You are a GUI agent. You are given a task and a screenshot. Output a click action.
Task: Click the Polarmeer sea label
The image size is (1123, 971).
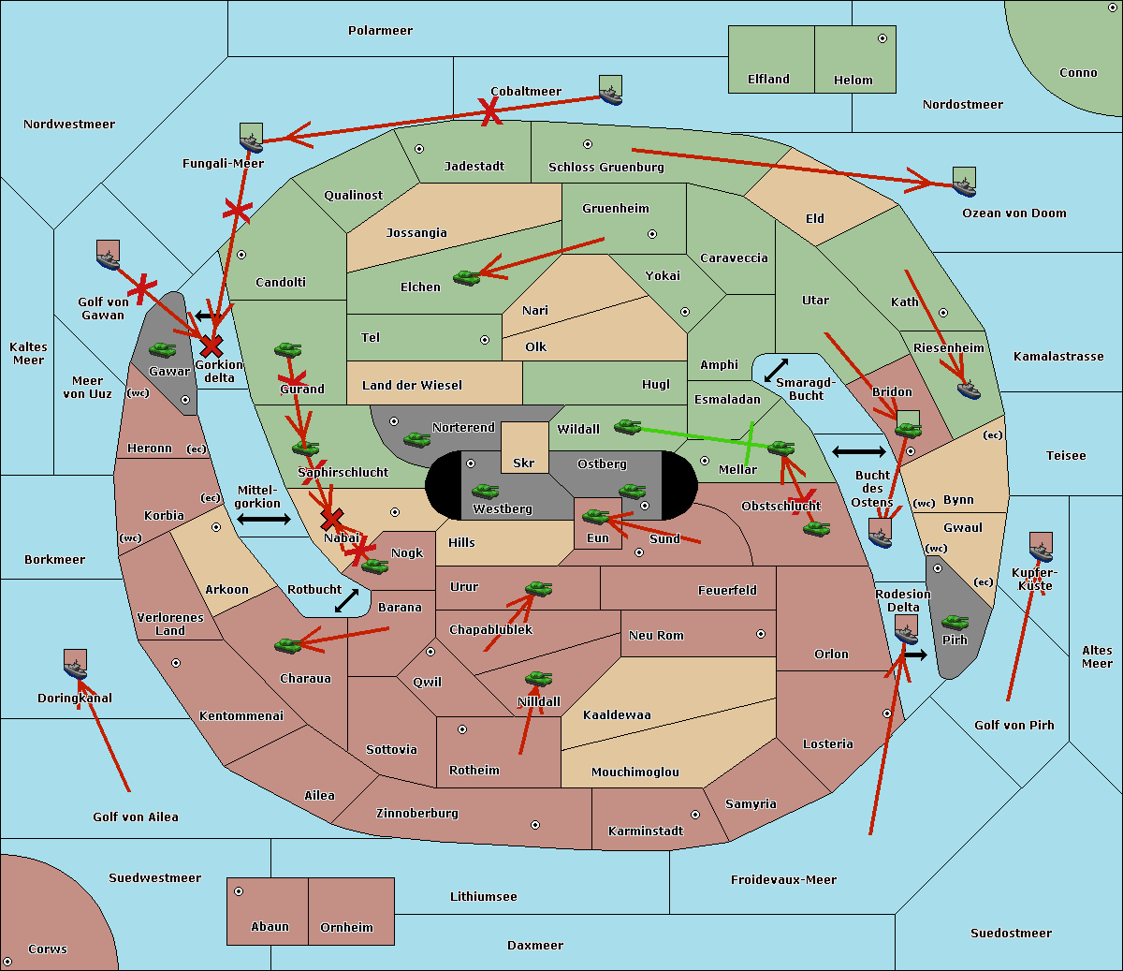pos(380,31)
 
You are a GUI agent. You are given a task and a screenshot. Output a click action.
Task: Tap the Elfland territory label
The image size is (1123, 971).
pos(768,80)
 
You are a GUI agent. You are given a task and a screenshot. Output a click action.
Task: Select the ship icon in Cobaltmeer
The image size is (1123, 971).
pos(610,91)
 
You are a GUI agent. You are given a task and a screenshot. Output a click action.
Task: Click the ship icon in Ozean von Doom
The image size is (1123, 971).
pos(964,182)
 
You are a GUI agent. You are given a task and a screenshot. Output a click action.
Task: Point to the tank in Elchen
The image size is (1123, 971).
pos(466,277)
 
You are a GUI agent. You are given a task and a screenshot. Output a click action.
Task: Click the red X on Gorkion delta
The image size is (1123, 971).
pos(211,346)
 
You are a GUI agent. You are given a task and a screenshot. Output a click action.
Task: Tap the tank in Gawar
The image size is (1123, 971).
pos(162,350)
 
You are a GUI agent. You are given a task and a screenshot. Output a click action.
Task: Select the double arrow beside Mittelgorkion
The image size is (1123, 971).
pos(264,520)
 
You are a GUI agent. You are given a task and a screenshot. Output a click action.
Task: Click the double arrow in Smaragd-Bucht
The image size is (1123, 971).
pos(776,371)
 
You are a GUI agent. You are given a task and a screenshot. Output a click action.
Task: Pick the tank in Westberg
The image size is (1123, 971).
pos(485,492)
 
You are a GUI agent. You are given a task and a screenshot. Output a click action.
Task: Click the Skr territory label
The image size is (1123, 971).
pos(524,463)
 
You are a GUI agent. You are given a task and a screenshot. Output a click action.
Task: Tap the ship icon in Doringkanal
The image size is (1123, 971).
pos(76,664)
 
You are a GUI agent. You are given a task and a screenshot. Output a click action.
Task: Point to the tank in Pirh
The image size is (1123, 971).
pos(955,623)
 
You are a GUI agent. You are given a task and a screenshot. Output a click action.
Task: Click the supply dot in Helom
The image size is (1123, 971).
pos(882,38)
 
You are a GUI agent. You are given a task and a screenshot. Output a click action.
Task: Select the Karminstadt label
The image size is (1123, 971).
pos(646,831)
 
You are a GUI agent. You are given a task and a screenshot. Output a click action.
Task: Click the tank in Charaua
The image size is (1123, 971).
pos(287,645)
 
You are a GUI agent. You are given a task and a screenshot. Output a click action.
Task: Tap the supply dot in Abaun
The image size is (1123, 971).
pos(239,891)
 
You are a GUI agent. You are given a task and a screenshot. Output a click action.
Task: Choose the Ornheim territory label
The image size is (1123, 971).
pos(346,928)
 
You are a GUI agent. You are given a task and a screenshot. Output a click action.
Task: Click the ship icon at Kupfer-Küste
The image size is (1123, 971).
pos(1041,547)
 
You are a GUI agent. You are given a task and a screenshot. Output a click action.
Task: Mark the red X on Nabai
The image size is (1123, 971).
pos(331,519)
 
